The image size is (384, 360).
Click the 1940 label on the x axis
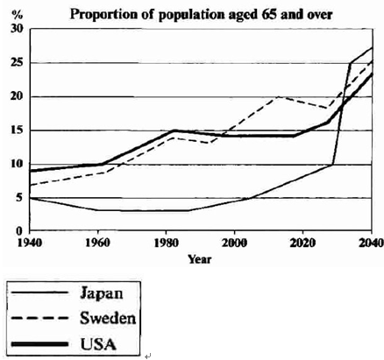30,244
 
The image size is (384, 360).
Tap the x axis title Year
200,259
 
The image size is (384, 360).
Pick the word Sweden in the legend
109,316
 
